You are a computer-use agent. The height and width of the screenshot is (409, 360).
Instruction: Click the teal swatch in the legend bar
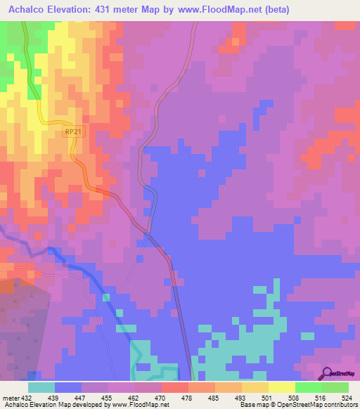click(x=41, y=387)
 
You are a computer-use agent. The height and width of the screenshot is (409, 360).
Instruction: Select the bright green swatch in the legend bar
click(x=309, y=387)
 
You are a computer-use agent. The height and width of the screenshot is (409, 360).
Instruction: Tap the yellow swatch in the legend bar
click(x=282, y=387)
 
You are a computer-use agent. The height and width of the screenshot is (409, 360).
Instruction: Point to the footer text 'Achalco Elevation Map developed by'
click(x=53, y=405)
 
